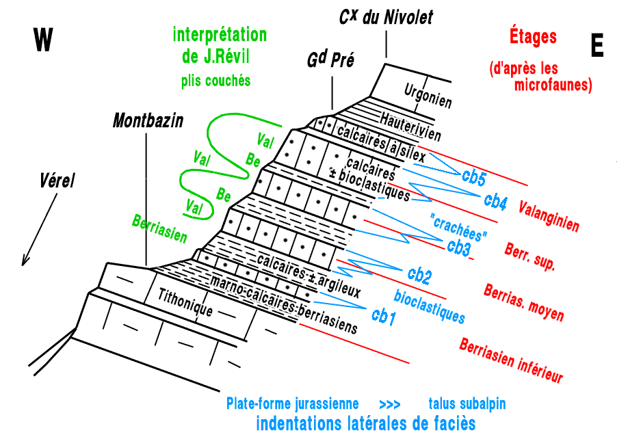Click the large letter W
click(x=43, y=40)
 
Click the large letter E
click(x=597, y=46)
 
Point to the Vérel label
click(x=55, y=181)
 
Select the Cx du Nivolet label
click(x=386, y=17)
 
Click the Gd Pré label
click(x=330, y=61)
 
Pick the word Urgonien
click(x=428, y=95)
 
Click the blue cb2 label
click(x=419, y=276)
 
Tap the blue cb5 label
click(x=473, y=177)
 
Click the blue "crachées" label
click(x=460, y=227)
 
